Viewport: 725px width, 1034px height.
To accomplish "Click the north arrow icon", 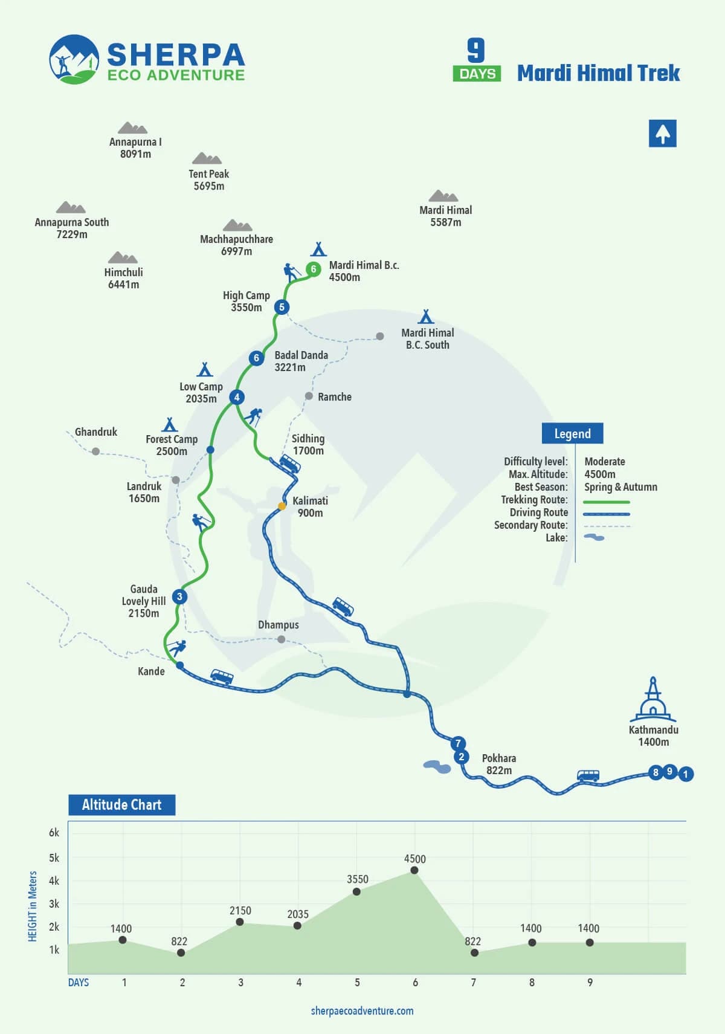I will (662, 134).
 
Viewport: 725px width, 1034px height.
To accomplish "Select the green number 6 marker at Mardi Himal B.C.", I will (313, 269).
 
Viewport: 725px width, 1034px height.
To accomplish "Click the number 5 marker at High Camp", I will (282, 307).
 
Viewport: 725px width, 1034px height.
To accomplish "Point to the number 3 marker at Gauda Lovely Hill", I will (179, 596).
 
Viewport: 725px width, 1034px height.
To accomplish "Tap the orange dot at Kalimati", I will (282, 506).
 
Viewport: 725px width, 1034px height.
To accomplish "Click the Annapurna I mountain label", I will (135, 147).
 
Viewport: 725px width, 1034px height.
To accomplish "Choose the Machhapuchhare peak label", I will (236, 245).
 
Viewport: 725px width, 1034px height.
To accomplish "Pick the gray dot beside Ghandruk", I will (95, 451).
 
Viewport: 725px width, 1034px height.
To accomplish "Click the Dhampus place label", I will (278, 625).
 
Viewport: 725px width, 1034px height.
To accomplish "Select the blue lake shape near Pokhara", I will (437, 767).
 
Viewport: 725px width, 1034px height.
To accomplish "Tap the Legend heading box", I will (572, 434).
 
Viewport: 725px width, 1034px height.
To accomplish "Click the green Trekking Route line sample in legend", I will (607, 502).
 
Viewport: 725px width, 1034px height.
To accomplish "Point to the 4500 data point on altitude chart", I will (414, 870).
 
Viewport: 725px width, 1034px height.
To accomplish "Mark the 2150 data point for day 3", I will (240, 922).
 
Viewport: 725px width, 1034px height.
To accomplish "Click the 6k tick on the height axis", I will (54, 833).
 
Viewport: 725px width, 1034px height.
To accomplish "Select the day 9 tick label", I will (590, 983).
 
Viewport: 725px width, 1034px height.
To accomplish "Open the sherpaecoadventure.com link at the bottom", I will (362, 1011).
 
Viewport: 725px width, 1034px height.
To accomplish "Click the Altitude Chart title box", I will (121, 805).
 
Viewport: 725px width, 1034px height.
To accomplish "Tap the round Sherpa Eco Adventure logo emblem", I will (74, 59).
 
